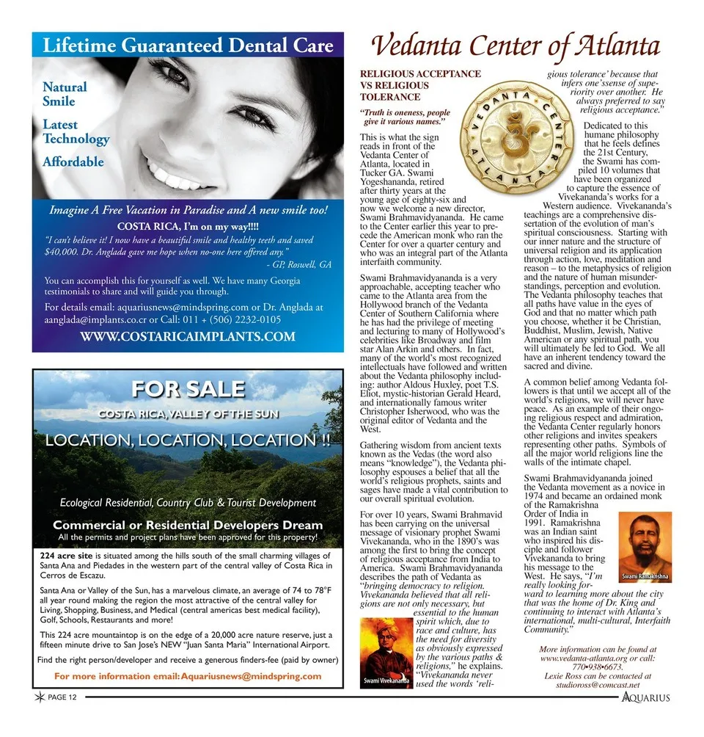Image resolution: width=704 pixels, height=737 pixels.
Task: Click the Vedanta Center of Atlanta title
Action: coord(516,46)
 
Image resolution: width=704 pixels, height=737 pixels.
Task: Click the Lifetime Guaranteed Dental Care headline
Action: coord(188,46)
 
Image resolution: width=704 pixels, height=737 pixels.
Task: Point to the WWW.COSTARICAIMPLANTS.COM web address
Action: coord(188,337)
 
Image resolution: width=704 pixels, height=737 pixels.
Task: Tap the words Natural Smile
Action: coord(65,94)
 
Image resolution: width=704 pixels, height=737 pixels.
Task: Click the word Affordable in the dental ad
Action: coord(73,161)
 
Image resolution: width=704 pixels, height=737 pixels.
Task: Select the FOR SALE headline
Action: coord(187,388)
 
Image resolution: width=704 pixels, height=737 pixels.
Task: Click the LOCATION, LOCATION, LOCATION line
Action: coord(188,440)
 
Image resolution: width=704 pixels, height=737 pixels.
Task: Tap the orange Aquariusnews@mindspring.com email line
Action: coord(188,676)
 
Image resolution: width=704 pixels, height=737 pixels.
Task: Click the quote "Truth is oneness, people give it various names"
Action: coord(405,117)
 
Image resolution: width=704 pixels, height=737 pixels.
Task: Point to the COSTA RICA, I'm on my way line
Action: coord(188,225)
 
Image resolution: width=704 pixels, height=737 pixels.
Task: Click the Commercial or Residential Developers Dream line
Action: coord(188,525)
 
